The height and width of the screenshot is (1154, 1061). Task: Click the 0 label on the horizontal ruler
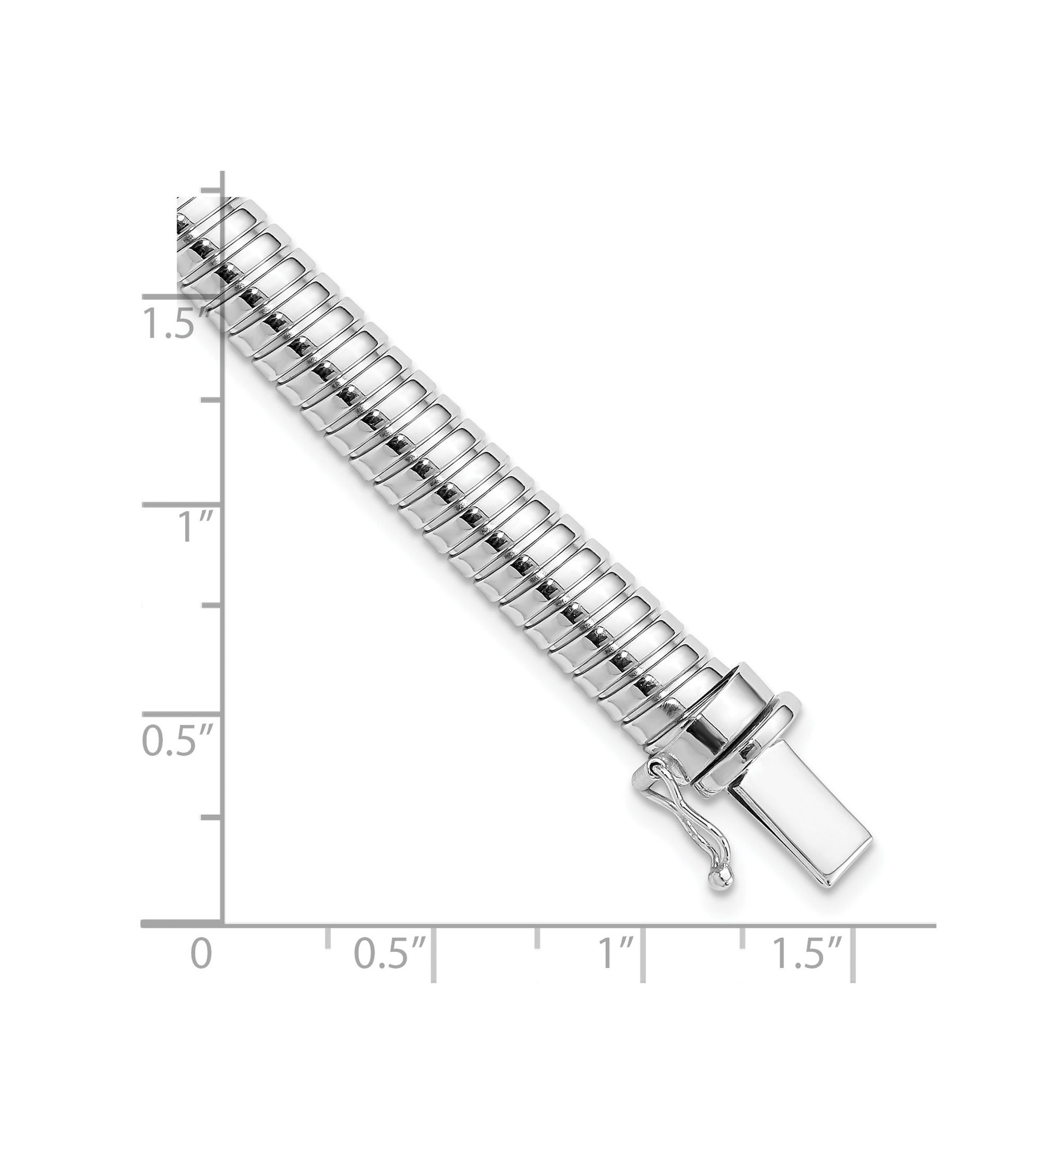pyautogui.click(x=201, y=970)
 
